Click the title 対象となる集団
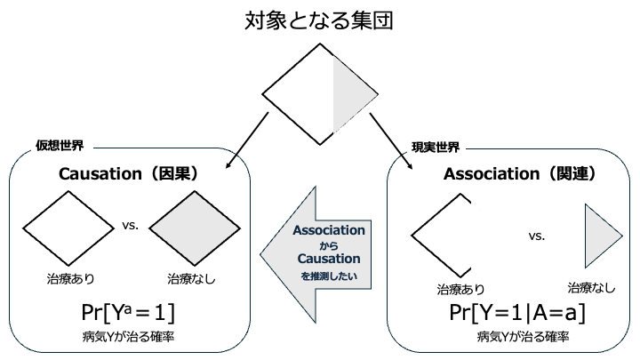(x=319, y=20)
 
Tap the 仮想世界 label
(x=60, y=145)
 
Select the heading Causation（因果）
(x=128, y=174)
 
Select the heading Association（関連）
(x=519, y=174)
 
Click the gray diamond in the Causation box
(x=190, y=230)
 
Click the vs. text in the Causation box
(x=130, y=226)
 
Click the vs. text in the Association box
(x=536, y=236)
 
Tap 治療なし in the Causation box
(x=191, y=279)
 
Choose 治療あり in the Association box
(x=460, y=289)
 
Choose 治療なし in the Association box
(x=591, y=287)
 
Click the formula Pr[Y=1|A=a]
(x=517, y=314)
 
